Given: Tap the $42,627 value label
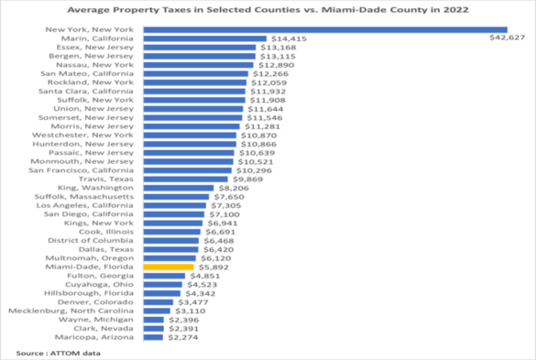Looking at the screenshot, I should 506,38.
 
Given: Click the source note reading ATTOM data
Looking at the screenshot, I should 46,353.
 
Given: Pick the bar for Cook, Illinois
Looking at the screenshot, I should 170,232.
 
